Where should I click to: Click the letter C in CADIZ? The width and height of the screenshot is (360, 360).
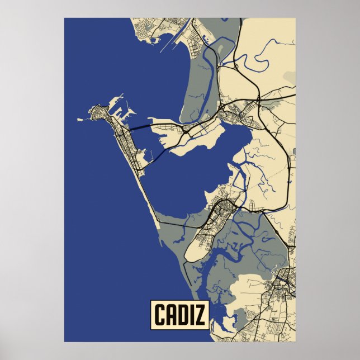coord(159,315)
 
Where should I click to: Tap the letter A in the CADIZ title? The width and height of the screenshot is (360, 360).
coord(171,315)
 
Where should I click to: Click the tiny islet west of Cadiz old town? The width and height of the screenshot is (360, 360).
coord(79,119)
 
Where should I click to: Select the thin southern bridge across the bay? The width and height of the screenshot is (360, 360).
coord(159,154)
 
